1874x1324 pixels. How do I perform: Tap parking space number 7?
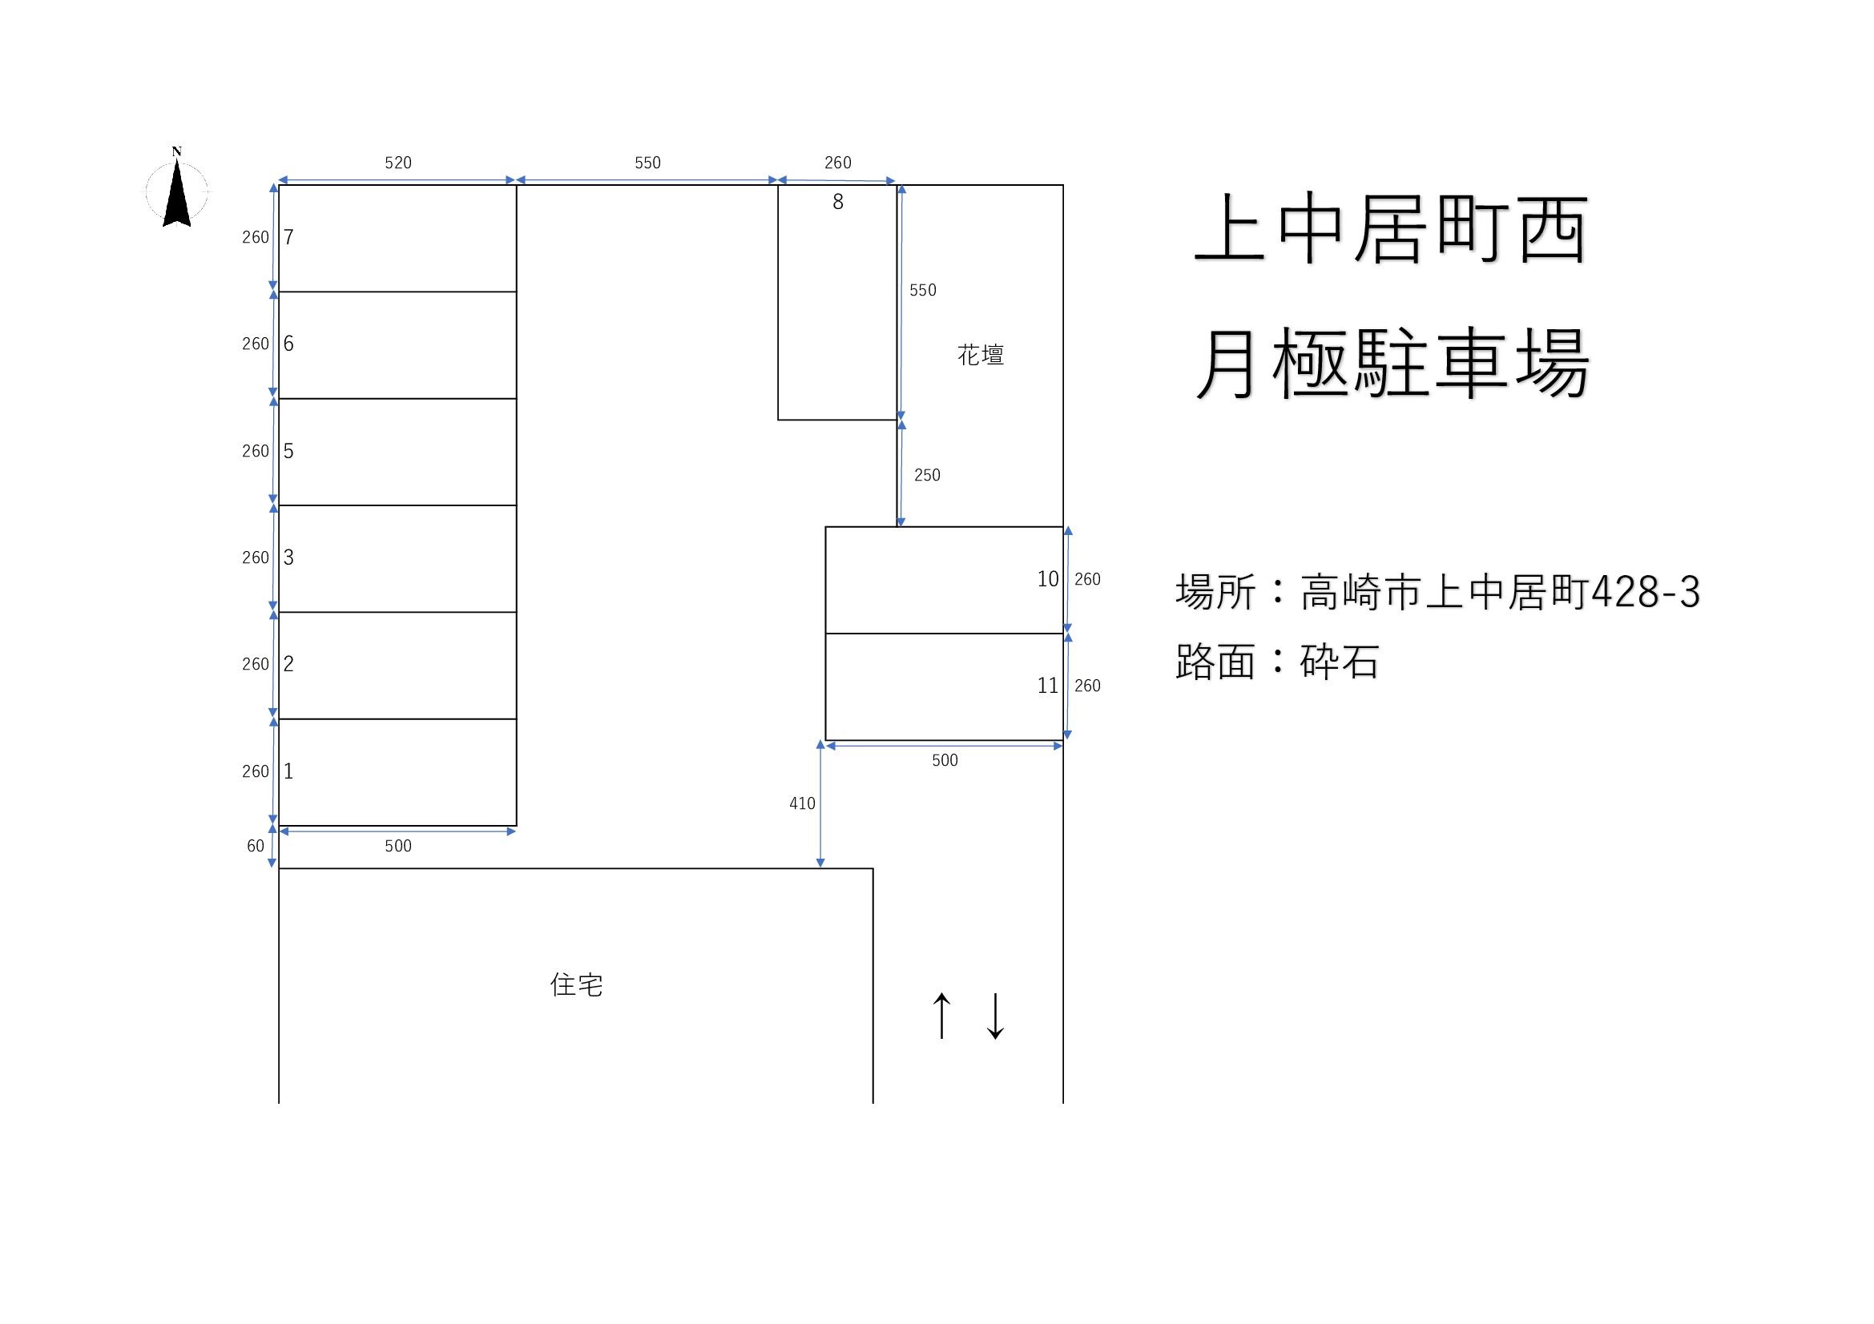click(288, 237)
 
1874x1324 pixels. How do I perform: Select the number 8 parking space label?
click(837, 203)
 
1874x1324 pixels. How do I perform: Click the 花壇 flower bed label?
click(980, 355)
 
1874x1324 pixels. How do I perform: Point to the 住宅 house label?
click(576, 984)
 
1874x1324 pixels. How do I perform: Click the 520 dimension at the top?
click(397, 163)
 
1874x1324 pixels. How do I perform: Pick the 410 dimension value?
click(801, 803)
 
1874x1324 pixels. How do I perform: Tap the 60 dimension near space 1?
click(256, 846)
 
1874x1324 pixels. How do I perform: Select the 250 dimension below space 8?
click(926, 475)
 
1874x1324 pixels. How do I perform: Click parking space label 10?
click(1047, 579)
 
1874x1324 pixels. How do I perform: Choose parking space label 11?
click(1047, 686)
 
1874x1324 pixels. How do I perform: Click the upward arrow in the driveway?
click(942, 1016)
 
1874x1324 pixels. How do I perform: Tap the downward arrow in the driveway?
click(995, 1016)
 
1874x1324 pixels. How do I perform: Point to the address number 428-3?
click(1646, 592)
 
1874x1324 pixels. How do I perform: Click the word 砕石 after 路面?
click(1340, 662)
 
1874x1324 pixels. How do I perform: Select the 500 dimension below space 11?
click(945, 760)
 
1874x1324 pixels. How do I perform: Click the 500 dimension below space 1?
click(397, 846)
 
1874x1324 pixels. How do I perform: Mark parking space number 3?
click(288, 557)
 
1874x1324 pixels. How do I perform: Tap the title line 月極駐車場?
click(1392, 364)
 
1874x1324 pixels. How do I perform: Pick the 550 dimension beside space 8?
click(922, 291)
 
